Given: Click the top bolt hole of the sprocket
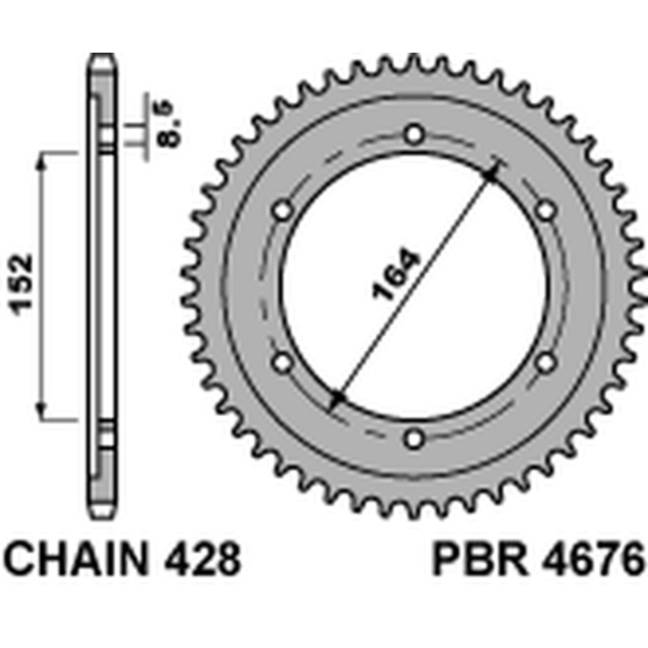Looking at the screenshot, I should (415, 134).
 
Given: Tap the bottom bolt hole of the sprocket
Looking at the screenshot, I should (415, 439).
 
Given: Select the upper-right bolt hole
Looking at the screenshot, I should (547, 211).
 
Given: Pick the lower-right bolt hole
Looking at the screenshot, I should (547, 362).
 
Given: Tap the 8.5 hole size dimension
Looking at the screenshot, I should (172, 127).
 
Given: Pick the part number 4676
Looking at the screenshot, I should (591, 560).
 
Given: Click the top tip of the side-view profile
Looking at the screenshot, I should (101, 57).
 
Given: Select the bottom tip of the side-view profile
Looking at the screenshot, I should (101, 514).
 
